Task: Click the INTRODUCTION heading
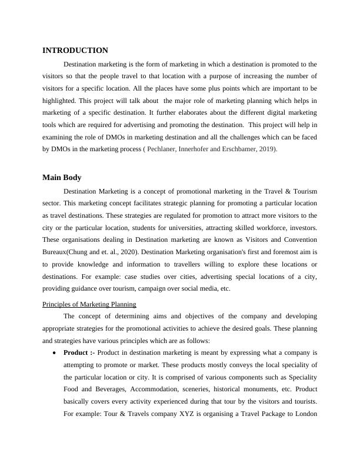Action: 75,51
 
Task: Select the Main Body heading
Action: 62,177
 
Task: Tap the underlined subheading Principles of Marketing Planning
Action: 89,304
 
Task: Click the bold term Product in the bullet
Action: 76,352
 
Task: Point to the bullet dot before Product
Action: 54,353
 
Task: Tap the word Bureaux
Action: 58,252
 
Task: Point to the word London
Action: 304,412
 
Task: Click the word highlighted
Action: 62,101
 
